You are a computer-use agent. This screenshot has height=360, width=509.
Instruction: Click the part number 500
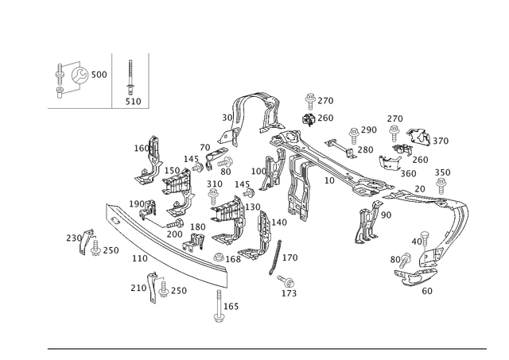point(99,75)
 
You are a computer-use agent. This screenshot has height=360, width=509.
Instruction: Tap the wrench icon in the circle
point(80,75)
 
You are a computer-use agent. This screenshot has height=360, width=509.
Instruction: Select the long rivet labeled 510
point(130,78)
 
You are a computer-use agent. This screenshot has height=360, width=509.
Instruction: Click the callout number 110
point(140,258)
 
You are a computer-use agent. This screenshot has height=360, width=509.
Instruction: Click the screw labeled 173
point(286,281)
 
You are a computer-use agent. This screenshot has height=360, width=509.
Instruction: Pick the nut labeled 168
point(219,257)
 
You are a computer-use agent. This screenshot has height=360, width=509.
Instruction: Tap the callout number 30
point(227,118)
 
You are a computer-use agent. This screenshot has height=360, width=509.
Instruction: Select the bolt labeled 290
point(354,136)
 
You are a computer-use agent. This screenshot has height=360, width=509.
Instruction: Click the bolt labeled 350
point(441,185)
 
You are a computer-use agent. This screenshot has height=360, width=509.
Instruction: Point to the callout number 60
point(427,291)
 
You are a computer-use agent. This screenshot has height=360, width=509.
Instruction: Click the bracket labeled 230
point(84,242)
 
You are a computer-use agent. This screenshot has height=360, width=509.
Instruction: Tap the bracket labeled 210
point(153,288)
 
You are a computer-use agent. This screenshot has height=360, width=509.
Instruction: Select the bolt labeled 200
point(175,223)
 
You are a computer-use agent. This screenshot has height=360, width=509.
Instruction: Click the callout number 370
point(441,141)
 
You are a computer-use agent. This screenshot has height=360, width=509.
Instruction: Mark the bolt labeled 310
point(213,197)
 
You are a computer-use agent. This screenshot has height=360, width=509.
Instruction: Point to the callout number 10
point(329,180)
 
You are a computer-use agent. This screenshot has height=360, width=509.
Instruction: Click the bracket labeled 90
point(368,223)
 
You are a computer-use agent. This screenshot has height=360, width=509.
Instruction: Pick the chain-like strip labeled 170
point(274,257)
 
